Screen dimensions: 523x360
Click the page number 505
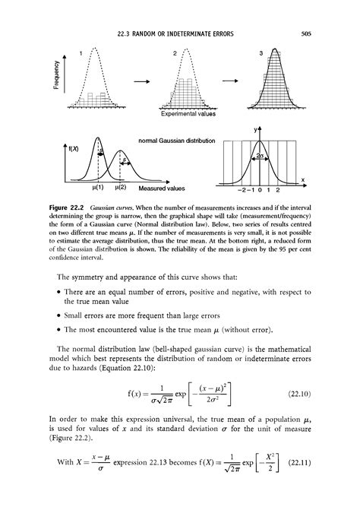coord(308,33)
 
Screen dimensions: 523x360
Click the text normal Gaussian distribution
coord(176,141)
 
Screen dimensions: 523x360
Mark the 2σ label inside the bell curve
coord(261,154)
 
